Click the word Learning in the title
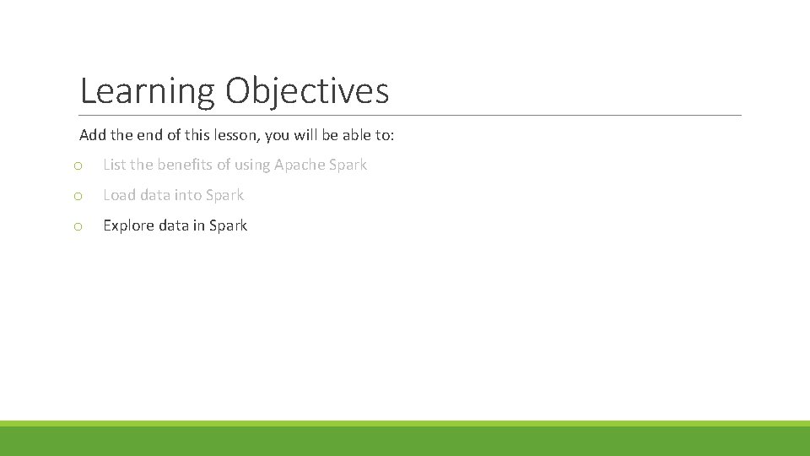[148, 91]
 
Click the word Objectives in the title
[307, 91]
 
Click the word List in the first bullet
[115, 165]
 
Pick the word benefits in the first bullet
[185, 165]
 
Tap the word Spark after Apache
[348, 165]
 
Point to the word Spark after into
[224, 195]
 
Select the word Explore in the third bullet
[130, 225]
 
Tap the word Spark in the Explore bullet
[228, 225]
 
